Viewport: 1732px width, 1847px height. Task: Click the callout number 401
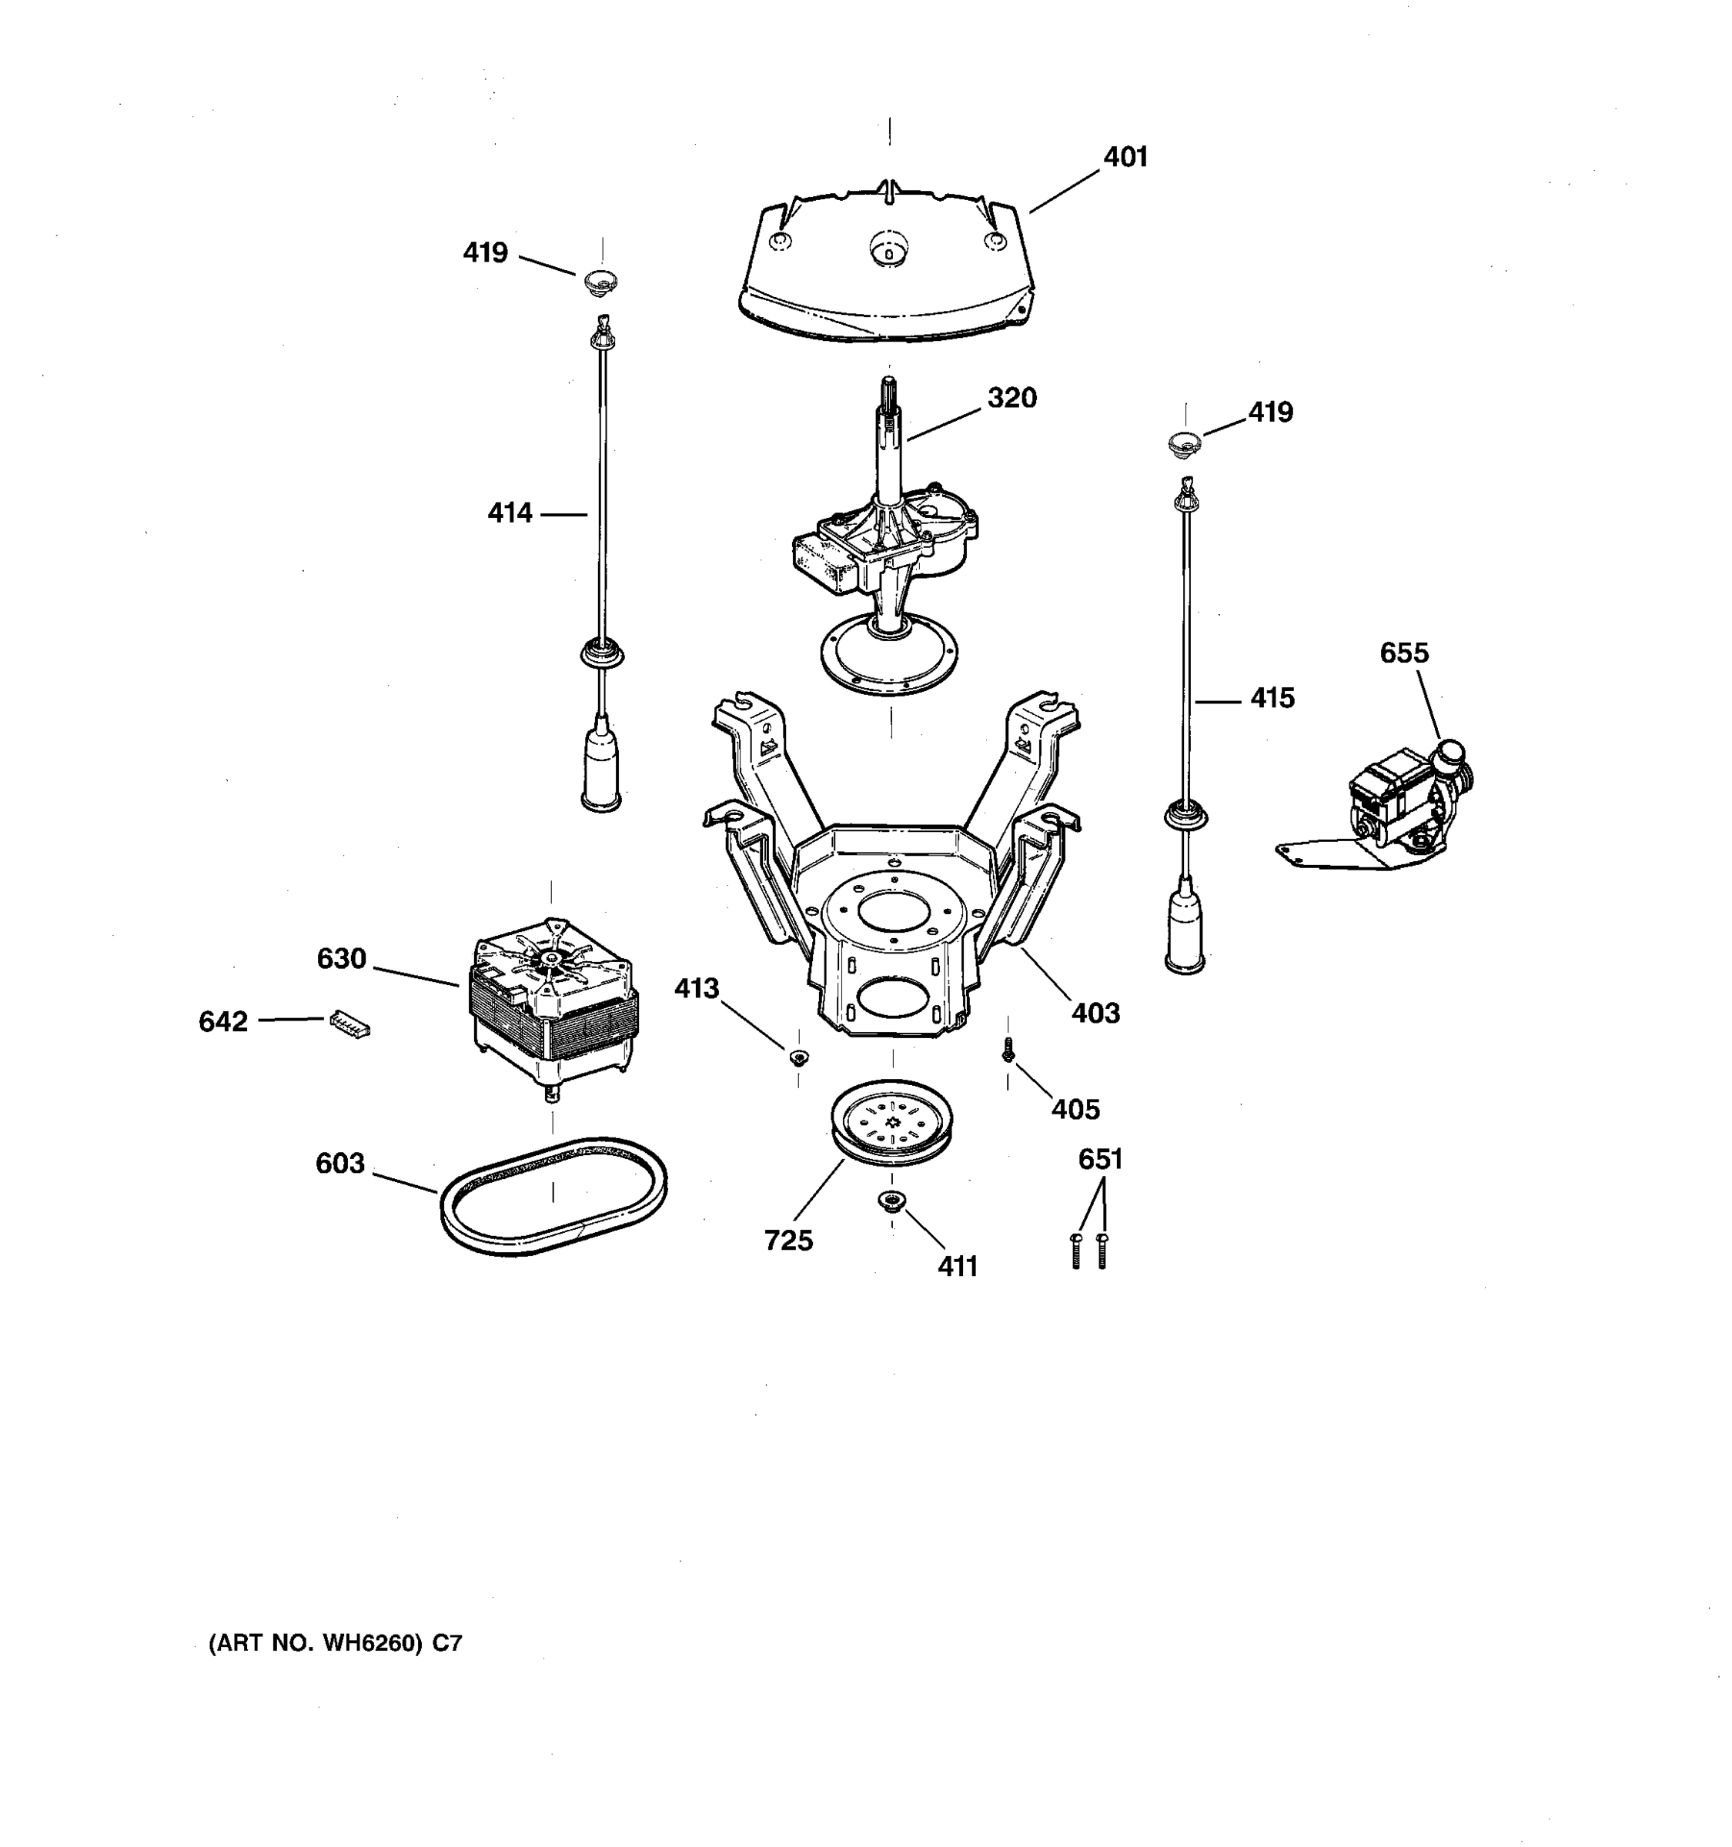click(1125, 158)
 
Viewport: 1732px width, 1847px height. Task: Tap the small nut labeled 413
click(797, 1057)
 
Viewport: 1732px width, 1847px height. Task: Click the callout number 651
click(1100, 1160)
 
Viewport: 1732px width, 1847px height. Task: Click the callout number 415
click(1271, 699)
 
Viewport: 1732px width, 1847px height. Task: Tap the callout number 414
click(510, 513)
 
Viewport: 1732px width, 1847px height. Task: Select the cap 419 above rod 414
click(601, 282)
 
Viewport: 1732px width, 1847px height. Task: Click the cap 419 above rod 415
click(1184, 443)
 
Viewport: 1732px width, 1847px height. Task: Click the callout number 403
click(1095, 1014)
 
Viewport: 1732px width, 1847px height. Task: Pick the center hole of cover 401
click(889, 250)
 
